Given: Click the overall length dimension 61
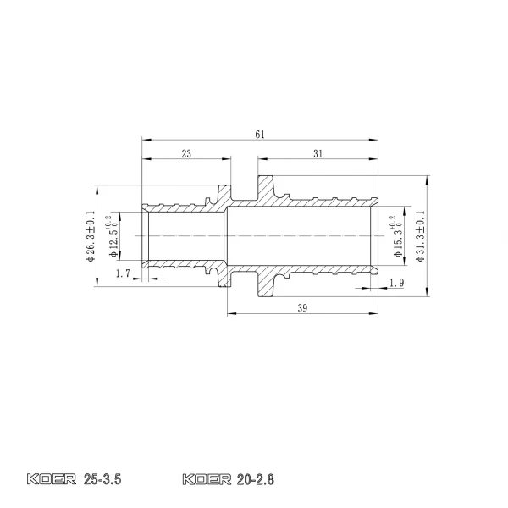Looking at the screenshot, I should pyautogui.click(x=260, y=134).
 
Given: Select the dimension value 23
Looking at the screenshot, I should pyautogui.click(x=185, y=153).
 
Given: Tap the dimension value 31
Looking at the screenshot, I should pyautogui.click(x=318, y=153).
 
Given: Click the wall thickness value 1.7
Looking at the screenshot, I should pyautogui.click(x=122, y=273).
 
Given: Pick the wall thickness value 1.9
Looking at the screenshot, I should pyautogui.click(x=397, y=283).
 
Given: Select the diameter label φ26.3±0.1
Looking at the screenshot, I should pyautogui.click(x=91, y=236).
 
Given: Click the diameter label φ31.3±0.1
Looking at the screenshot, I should pyautogui.click(x=421, y=236).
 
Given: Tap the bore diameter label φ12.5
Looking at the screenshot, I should pyautogui.click(x=113, y=236).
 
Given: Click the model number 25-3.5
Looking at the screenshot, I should pyautogui.click(x=104, y=480).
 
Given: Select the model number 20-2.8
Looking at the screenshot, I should pyautogui.click(x=258, y=480).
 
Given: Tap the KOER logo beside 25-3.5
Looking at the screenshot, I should pyautogui.click(x=52, y=480).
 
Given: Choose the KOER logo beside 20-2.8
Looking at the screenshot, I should pyautogui.click(x=207, y=480).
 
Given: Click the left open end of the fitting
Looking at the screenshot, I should pyautogui.click(x=143, y=236).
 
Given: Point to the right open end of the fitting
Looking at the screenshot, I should pyautogui.click(x=378, y=236).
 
